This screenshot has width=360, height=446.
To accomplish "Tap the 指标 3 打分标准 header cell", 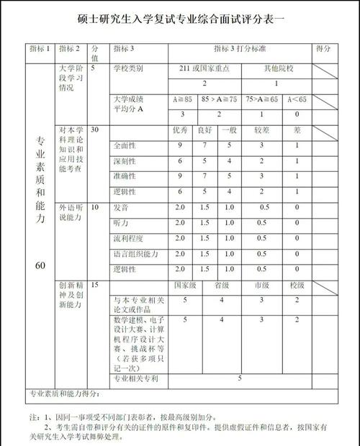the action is click(x=238, y=49).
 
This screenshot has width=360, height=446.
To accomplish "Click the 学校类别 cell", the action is click(x=129, y=68).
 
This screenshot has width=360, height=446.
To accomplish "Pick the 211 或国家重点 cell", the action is click(x=204, y=68).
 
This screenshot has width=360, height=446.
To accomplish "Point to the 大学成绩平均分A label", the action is click(x=130, y=104).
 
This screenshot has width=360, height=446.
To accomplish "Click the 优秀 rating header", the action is click(x=180, y=132).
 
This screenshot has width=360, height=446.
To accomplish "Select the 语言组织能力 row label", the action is click(x=135, y=254).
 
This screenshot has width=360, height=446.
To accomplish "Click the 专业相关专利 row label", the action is click(x=135, y=378).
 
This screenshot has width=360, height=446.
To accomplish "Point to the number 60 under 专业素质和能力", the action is click(x=40, y=265).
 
